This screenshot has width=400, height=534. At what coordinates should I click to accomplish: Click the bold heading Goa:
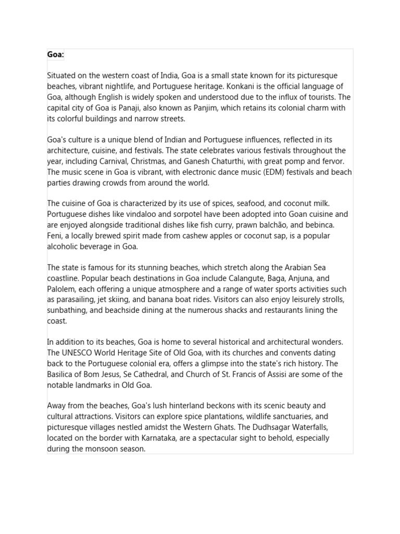pyautogui.click(x=55, y=55)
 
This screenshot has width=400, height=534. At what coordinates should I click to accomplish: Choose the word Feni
pyautogui.click(x=55, y=236)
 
